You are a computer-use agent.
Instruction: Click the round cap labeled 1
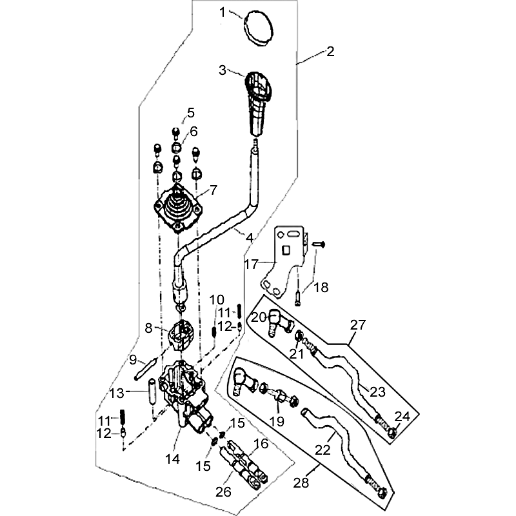pyautogui.click(x=260, y=28)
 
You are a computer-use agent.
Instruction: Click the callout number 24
pyautogui.click(x=402, y=417)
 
